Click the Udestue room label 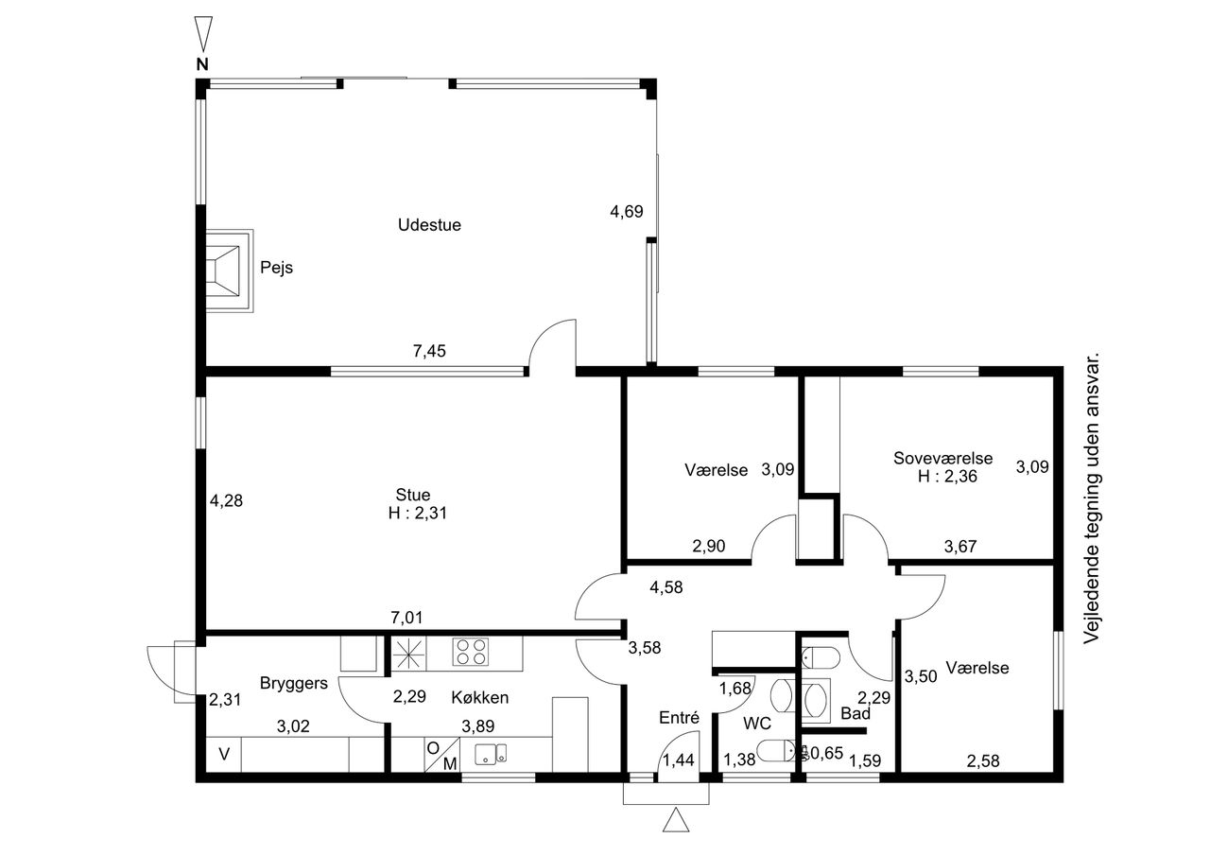(x=429, y=225)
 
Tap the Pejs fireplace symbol (x=229, y=271)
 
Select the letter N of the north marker (x=202, y=64)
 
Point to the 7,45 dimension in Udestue (x=429, y=351)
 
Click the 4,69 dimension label (x=627, y=211)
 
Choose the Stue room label (x=413, y=495)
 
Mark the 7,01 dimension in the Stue (x=406, y=617)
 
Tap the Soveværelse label (x=942, y=458)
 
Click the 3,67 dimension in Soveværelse (x=960, y=547)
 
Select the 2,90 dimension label (x=709, y=546)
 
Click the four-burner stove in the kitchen (x=471, y=652)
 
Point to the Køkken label (x=479, y=697)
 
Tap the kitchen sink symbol (x=491, y=754)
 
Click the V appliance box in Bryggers (x=224, y=754)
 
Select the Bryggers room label (x=294, y=684)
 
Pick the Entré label (x=679, y=718)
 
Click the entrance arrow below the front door (x=676, y=820)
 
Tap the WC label (x=757, y=723)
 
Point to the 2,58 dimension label (x=983, y=760)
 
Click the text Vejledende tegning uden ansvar (x=1091, y=498)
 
